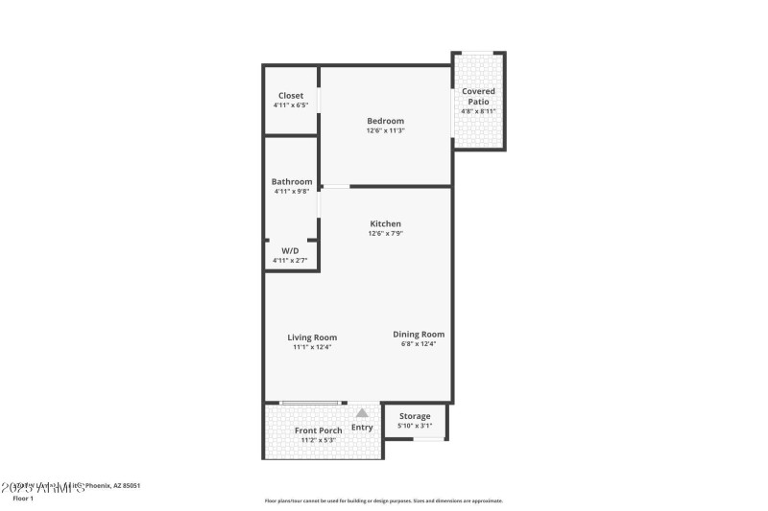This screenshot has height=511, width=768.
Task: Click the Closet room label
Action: [291, 96]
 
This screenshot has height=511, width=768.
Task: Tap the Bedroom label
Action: [385, 121]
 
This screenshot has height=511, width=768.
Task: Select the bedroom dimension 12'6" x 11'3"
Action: [385, 130]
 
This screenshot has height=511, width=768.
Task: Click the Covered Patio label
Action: [478, 96]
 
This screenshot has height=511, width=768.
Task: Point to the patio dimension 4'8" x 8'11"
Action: [478, 111]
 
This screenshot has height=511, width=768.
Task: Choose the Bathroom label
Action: [291, 181]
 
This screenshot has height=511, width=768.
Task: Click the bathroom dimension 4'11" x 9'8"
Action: [291, 191]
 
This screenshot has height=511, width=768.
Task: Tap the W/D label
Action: [290, 250]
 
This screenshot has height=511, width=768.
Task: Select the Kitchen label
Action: [385, 223]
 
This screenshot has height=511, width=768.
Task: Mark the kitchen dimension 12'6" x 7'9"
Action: [385, 233]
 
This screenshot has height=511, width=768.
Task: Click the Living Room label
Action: [312, 337]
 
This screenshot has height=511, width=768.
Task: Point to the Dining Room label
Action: [419, 334]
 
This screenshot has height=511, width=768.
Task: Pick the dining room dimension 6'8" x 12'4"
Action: [419, 343]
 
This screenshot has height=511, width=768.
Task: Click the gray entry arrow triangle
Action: [362, 412]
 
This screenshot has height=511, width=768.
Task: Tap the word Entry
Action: [362, 428]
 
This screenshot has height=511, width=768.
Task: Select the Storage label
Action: [415, 416]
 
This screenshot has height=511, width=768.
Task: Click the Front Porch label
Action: [318, 430]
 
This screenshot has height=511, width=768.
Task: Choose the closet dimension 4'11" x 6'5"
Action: [291, 105]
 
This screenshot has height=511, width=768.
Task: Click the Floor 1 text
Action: [22, 499]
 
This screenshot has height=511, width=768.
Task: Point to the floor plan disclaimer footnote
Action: [383, 500]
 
